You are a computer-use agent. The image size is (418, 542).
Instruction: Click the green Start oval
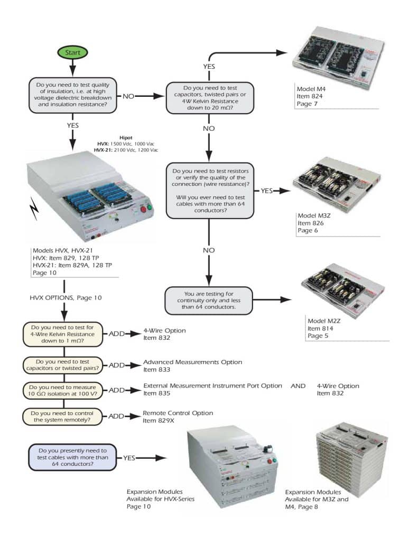(x=73, y=52)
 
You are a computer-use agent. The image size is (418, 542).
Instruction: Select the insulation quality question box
(x=73, y=96)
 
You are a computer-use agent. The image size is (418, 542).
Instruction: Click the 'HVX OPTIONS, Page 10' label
(x=65, y=298)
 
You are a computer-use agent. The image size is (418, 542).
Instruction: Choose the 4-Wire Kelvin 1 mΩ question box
(x=64, y=334)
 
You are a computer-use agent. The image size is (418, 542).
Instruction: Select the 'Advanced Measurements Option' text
(x=192, y=362)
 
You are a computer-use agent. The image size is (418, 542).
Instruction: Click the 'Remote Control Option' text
(x=178, y=413)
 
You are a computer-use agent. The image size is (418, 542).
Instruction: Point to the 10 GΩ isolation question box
(x=64, y=390)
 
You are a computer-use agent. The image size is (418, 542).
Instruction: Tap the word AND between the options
(x=298, y=386)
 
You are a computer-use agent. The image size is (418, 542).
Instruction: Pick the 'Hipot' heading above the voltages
(x=125, y=137)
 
